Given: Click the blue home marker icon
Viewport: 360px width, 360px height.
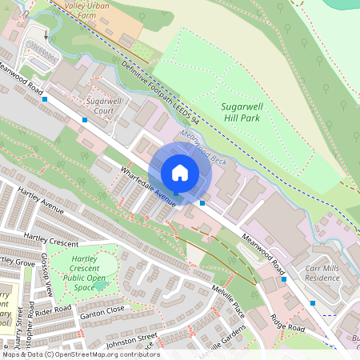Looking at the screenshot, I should click(x=180, y=173).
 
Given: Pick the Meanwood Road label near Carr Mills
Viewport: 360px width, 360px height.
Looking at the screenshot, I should click(x=264, y=249).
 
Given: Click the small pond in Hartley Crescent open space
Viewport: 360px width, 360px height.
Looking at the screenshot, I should click(x=101, y=285).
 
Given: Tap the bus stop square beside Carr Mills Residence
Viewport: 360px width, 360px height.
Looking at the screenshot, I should click(x=284, y=280).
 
